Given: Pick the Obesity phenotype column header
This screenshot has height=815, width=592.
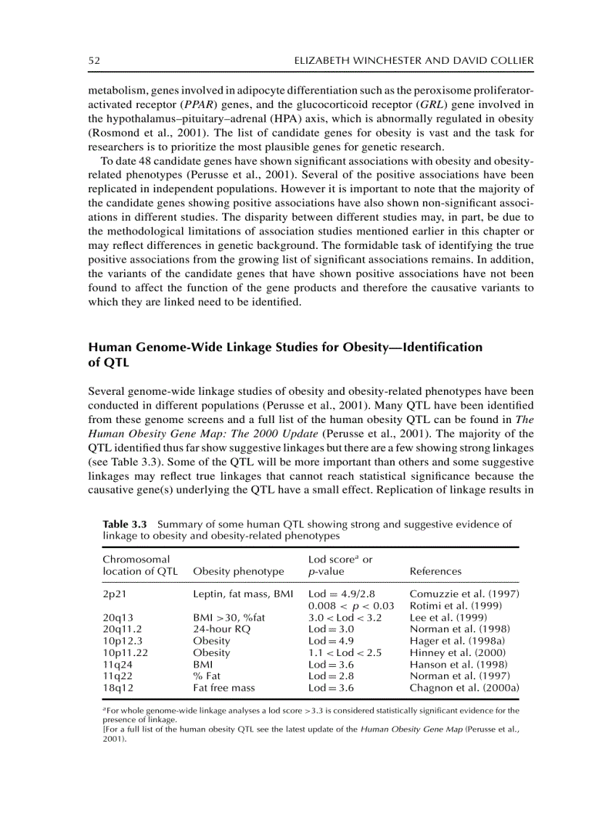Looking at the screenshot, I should pos(239,571).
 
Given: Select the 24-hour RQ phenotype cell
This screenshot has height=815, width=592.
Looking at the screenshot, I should pos(222,628).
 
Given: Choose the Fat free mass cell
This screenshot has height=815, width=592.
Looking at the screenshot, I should pos(223,687).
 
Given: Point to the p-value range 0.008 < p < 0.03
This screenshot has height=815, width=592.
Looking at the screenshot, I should pos(351,605).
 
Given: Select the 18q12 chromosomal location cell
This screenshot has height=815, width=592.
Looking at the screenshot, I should pos(116,687).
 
